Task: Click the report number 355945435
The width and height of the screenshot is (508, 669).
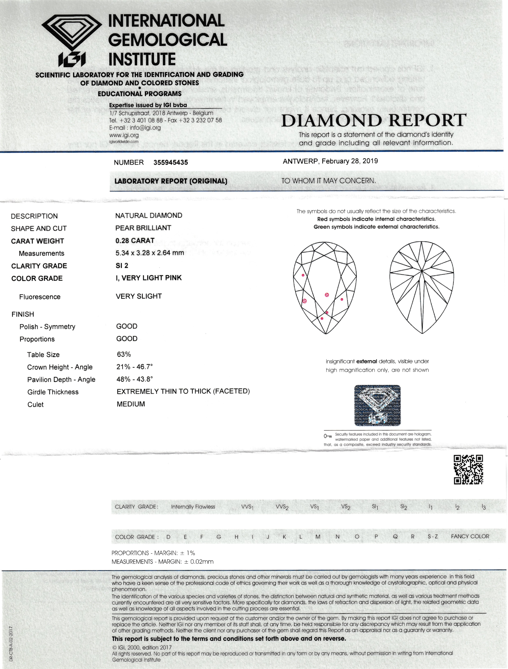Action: pos(170,162)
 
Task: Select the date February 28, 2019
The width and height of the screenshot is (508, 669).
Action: pos(350,161)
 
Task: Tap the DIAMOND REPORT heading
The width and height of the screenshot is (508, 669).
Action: pos(374,120)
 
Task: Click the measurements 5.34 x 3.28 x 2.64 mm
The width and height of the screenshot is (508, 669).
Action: pos(150,253)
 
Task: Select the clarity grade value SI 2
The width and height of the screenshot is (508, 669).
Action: pos(122,266)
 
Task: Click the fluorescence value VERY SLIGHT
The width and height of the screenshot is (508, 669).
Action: pos(139,296)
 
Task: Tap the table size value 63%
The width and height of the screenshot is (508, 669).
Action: pos(124,354)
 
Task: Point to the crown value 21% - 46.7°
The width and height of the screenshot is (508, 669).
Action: pos(134,367)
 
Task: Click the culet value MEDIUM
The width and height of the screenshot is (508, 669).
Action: pos(131,404)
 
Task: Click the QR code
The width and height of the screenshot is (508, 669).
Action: pos(468,469)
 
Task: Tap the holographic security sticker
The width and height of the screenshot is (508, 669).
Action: pos(378,406)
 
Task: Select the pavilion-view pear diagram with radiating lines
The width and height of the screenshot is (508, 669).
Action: pos(422,287)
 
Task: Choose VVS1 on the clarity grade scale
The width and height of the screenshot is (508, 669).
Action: pos(247,507)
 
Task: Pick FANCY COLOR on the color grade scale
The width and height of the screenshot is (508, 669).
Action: pos(470,537)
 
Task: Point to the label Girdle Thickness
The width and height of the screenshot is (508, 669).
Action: pos(53,392)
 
